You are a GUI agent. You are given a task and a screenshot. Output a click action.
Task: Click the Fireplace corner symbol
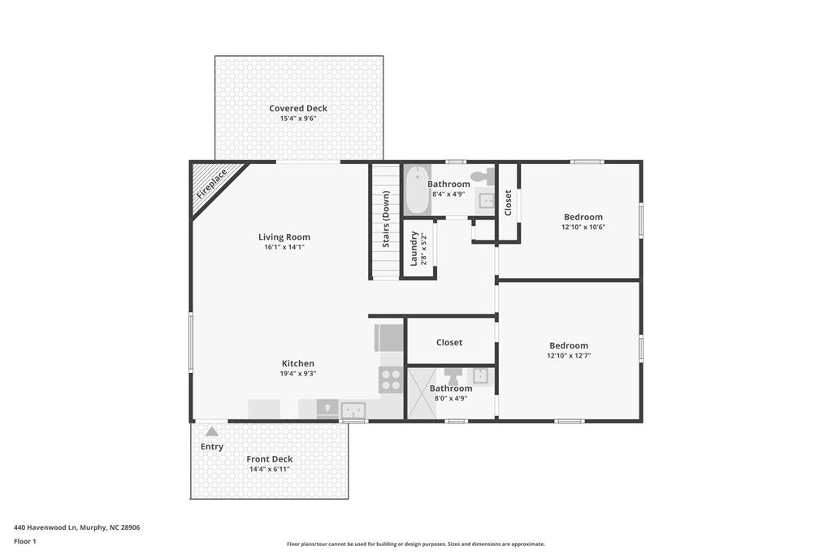pos(211,183)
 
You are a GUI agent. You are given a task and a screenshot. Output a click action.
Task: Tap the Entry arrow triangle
pos(212,431)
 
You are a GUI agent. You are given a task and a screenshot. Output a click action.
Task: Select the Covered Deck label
pos(298,108)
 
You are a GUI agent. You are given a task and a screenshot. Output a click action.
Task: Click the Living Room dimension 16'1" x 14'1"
pos(284,247)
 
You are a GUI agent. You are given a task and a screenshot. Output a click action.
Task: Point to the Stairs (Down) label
pos(386,219)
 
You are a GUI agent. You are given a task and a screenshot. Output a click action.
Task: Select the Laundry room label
pos(414,249)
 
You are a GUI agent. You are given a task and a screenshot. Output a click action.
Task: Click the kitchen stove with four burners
pos(391,380)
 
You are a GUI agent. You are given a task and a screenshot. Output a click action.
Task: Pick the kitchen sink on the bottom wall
pos(353,410)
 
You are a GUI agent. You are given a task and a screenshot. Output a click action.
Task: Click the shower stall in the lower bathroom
pos(422,393)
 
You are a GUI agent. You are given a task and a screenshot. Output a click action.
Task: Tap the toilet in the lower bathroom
pos(453,375)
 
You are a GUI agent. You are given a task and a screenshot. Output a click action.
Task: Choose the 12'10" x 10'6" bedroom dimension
pos(583,227)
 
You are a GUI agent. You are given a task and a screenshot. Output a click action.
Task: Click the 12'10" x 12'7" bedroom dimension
pos(569,356)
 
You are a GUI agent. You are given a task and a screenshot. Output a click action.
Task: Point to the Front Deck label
pos(270,459)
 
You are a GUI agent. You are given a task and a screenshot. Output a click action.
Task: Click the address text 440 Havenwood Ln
pos(45,528)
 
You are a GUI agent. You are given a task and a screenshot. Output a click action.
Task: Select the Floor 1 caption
pos(25,542)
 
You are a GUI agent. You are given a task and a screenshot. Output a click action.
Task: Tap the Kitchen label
pos(297,363)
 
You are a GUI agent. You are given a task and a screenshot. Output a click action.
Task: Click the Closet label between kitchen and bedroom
pos(449,343)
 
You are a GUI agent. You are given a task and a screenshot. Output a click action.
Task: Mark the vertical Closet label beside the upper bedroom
pos(508,202)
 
